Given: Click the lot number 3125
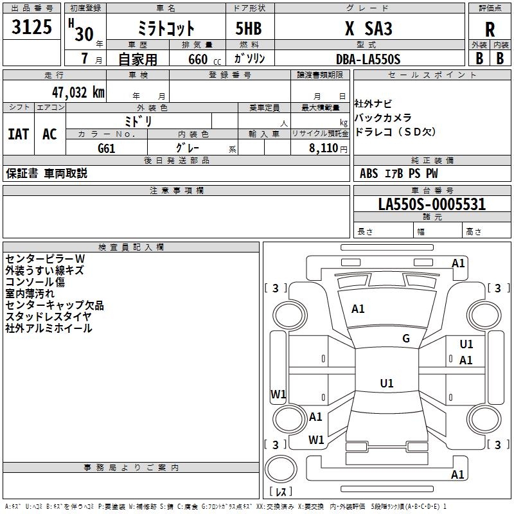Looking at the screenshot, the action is pyautogui.click(x=31, y=26).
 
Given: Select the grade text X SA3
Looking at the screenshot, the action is pyautogui.click(x=368, y=28).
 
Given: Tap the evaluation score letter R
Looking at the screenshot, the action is pyautogui.click(x=490, y=30).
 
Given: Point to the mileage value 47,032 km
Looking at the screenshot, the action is pyautogui.click(x=78, y=93).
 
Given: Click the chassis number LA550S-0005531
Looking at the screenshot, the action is pyautogui.click(x=432, y=204).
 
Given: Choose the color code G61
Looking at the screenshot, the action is pyautogui.click(x=107, y=148).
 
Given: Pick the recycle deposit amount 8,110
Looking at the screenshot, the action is pyautogui.click(x=323, y=148).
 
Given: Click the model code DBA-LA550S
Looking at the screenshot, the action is pyautogui.click(x=368, y=59).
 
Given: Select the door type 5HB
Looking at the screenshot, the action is pyautogui.click(x=249, y=28).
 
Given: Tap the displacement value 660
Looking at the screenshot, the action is pyautogui.click(x=198, y=59).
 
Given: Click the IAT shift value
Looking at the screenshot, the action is pyautogui.click(x=19, y=134).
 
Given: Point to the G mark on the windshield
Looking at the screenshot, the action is pyautogui.click(x=406, y=339).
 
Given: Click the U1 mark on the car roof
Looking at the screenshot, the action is pyautogui.click(x=387, y=383).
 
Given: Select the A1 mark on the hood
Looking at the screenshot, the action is pyautogui.click(x=358, y=309).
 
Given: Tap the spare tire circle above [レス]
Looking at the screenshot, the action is pyautogui.click(x=281, y=469).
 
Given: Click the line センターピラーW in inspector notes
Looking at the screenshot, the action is pyautogui.click(x=45, y=259).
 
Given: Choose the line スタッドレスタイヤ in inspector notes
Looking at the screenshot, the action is pyautogui.click(x=48, y=316).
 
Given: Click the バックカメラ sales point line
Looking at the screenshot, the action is pyautogui.click(x=383, y=118).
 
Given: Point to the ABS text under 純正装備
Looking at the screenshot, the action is pyautogui.click(x=369, y=173).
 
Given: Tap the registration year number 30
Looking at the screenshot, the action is pyautogui.click(x=84, y=34).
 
